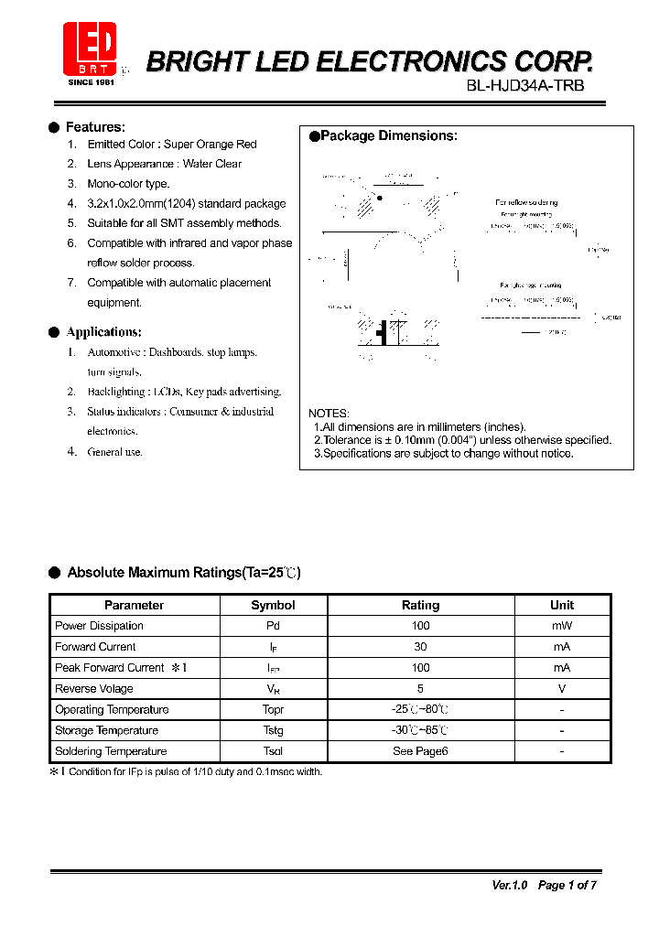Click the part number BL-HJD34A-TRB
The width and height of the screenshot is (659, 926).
click(525, 85)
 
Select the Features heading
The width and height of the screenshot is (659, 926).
click(95, 127)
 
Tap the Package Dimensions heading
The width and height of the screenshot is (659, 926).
click(388, 136)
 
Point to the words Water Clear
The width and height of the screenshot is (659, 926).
click(212, 164)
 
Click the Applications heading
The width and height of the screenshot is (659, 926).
click(103, 332)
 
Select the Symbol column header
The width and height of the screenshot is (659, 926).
click(273, 605)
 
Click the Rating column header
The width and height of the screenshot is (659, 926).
click(420, 605)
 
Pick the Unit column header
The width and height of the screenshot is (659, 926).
click(561, 605)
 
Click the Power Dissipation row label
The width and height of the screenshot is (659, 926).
click(99, 626)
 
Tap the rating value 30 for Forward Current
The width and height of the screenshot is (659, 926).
click(420, 647)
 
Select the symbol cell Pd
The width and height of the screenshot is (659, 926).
click(273, 626)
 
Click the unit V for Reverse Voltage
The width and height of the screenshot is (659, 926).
click(561, 689)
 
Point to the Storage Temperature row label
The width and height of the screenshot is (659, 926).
click(106, 730)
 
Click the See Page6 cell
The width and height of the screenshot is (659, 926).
click(420, 751)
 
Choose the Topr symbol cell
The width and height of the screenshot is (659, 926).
click(273, 709)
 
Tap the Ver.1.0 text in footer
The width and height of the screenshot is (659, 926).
click(510, 885)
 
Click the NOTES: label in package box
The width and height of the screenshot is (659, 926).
click(329, 414)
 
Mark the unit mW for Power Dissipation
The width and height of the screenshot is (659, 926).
click(561, 626)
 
